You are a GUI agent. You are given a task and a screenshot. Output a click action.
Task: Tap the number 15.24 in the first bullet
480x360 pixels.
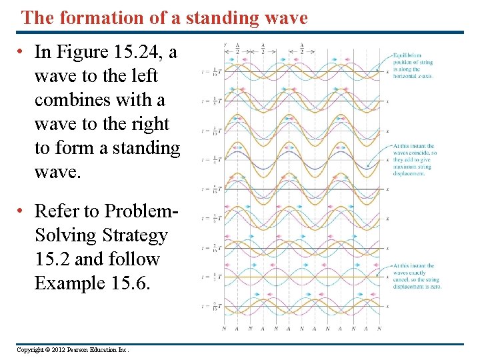tap(148, 52)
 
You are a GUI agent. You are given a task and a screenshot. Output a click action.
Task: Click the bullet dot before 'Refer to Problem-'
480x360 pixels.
tap(22, 211)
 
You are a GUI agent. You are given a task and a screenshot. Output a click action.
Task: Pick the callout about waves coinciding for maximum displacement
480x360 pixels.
tap(413, 159)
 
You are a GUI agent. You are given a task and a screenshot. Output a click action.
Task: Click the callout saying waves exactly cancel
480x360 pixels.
tap(416, 276)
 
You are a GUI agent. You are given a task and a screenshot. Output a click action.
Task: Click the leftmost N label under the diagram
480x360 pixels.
tap(223, 328)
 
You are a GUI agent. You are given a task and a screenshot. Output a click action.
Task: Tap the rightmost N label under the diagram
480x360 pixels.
tap(379, 328)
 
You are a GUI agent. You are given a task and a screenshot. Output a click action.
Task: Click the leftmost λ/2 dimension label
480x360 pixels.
tap(237, 49)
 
